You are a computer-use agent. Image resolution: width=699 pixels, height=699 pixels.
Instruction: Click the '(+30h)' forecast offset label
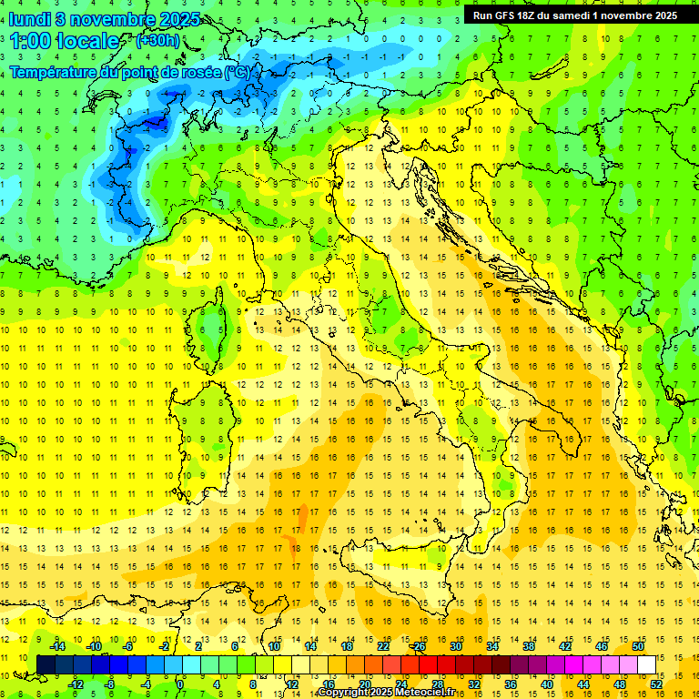157,41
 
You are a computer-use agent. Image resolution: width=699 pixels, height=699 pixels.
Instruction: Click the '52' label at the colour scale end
655,684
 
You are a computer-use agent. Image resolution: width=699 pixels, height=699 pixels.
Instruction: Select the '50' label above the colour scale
637,646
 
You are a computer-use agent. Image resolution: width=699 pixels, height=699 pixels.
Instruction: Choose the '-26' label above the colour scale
419,646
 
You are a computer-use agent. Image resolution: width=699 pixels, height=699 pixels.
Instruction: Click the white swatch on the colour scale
646,664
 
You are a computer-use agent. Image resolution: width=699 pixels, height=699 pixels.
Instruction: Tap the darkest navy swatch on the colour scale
46,664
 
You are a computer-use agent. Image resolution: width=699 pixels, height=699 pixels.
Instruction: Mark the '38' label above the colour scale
528,646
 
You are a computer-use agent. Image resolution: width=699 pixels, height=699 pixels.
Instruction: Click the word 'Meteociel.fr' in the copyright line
431,693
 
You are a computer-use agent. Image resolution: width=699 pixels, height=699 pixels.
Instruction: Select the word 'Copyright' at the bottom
341,693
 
